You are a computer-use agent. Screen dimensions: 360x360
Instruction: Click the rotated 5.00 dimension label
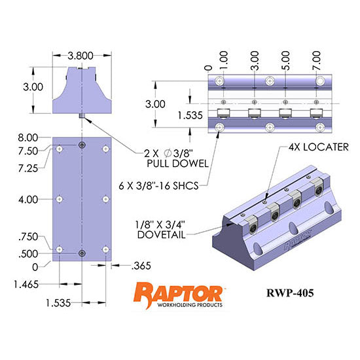pyautogui.click(x=287, y=62)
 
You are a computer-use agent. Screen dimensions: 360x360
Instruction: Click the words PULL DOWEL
pyautogui.click(x=169, y=164)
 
